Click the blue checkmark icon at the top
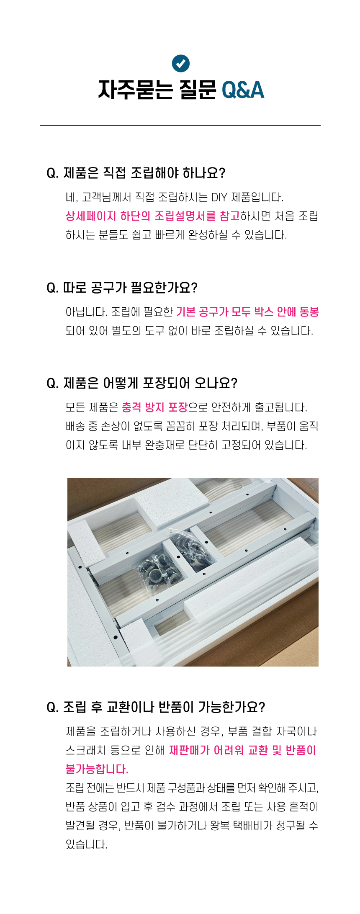[x=181, y=63]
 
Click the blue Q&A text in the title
[x=243, y=90]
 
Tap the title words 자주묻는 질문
[x=157, y=90]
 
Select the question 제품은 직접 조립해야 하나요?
[x=136, y=173]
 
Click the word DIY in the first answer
[x=219, y=197]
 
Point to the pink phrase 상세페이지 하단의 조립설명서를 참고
[x=152, y=216]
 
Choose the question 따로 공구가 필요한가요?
[x=122, y=288]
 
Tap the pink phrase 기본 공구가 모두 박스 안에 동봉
[x=247, y=312]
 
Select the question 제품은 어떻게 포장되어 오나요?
[x=142, y=383]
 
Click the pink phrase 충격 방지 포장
[x=154, y=407]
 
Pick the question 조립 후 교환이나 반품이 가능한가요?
[x=156, y=707]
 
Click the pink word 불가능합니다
[x=97, y=769]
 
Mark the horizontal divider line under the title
[x=180, y=125]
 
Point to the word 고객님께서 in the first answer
[x=107, y=197]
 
